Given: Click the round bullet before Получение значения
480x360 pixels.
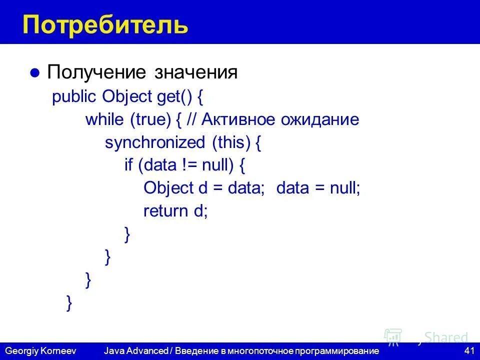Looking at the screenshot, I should (x=34, y=73).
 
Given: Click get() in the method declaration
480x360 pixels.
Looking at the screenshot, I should (x=171, y=96).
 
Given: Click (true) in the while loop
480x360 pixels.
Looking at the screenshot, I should (x=151, y=120).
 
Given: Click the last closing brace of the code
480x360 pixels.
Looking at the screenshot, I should (x=69, y=303).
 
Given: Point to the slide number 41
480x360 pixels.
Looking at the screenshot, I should (x=469, y=351).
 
